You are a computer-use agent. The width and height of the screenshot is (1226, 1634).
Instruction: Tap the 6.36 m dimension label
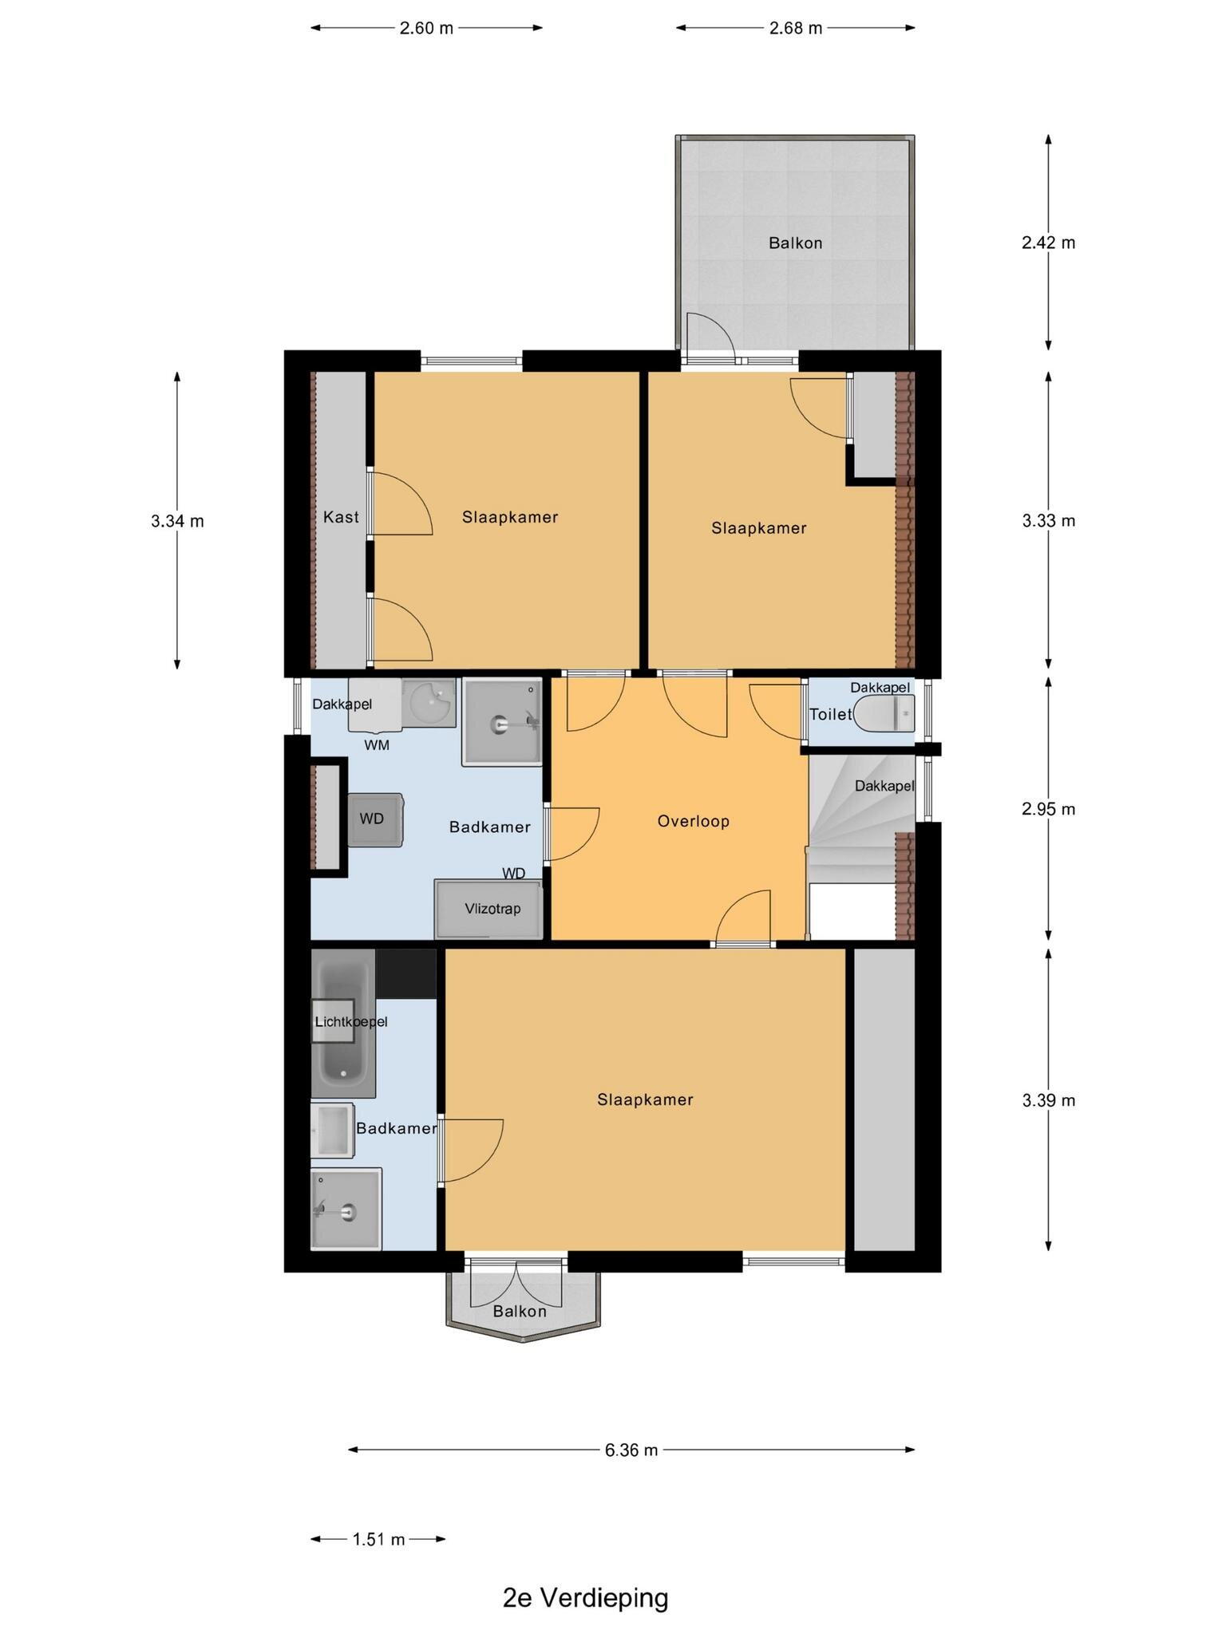pyautogui.click(x=631, y=1450)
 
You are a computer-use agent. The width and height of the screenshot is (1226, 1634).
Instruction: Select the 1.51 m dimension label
pyautogui.click(x=378, y=1539)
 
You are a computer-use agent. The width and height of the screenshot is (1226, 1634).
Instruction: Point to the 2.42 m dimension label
pyautogui.click(x=1048, y=243)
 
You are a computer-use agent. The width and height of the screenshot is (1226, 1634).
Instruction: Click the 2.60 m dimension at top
pyautogui.click(x=426, y=29)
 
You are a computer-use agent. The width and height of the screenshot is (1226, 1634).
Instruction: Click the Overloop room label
pyautogui.click(x=693, y=821)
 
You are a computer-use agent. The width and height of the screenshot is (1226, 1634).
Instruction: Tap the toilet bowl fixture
pyautogui.click(x=884, y=712)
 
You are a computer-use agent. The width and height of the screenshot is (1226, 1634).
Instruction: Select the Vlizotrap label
pyautogui.click(x=492, y=909)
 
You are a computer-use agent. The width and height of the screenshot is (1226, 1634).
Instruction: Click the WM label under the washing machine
pyautogui.click(x=377, y=745)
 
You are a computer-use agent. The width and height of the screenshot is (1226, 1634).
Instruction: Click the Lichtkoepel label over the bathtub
pyautogui.click(x=350, y=1021)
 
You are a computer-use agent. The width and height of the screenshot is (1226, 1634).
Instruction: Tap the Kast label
pyautogui.click(x=341, y=517)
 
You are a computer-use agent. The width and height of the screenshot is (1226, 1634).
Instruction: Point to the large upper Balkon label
pyautogui.click(x=795, y=243)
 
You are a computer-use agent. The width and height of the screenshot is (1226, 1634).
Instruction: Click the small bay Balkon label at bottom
pyautogui.click(x=520, y=1311)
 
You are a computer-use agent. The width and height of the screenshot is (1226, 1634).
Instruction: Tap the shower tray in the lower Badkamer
pyautogui.click(x=346, y=1209)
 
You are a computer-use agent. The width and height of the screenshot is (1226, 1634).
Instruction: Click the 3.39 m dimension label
pyautogui.click(x=1048, y=1100)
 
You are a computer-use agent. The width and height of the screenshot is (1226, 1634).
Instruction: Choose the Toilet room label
pyautogui.click(x=830, y=714)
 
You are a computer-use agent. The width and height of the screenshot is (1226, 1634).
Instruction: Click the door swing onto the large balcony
pyautogui.click(x=710, y=333)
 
